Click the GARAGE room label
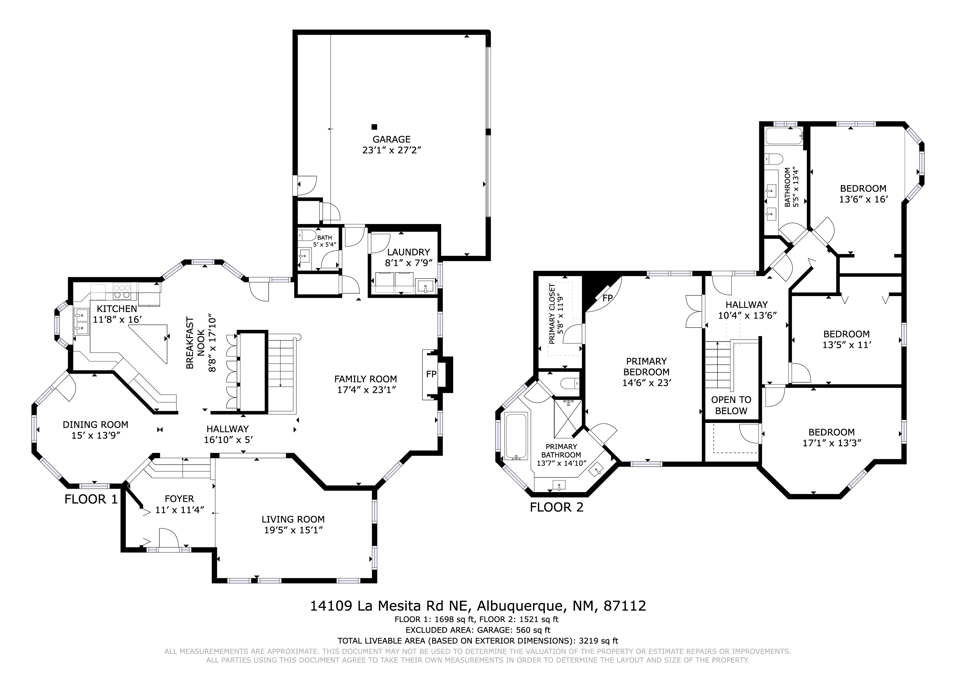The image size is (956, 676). point(391,139)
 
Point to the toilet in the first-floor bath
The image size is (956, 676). point(307,235)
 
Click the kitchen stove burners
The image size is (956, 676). point(122,291)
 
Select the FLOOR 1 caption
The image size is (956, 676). point(91,499)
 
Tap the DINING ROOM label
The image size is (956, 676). point(95,425)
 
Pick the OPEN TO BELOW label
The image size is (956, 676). point(731,405)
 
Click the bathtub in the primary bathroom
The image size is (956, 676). point(516,435)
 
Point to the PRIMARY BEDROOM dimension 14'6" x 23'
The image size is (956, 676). point(646,382)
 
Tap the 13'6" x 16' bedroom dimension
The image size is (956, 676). point(864,199)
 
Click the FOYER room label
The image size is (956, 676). point(179,498)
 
